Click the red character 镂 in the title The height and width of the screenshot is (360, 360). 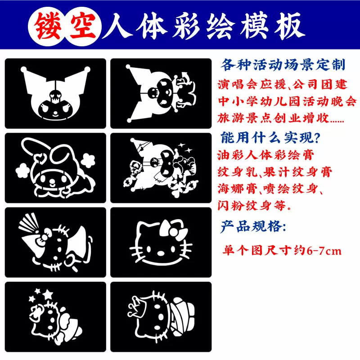[x=48, y=26]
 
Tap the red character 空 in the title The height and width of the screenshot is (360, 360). [x=83, y=26]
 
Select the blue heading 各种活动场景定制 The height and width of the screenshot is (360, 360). [x=283, y=64]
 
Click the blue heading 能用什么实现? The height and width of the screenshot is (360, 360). [x=270, y=138]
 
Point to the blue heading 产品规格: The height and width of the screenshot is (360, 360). [x=253, y=226]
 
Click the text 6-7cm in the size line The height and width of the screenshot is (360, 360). [x=324, y=251]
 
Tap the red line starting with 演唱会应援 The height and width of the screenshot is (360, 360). [x=282, y=84]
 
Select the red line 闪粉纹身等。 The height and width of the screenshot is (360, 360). [x=254, y=205]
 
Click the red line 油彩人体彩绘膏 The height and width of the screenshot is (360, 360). [x=265, y=155]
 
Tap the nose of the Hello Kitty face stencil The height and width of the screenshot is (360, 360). [x=161, y=253]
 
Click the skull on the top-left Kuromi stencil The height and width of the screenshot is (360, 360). [x=55, y=96]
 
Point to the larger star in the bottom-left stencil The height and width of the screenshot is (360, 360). [x=48, y=294]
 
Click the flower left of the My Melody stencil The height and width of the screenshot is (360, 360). [x=23, y=171]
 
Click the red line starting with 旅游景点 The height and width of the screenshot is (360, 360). [x=280, y=118]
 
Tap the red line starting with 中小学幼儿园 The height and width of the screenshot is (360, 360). [x=287, y=101]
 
